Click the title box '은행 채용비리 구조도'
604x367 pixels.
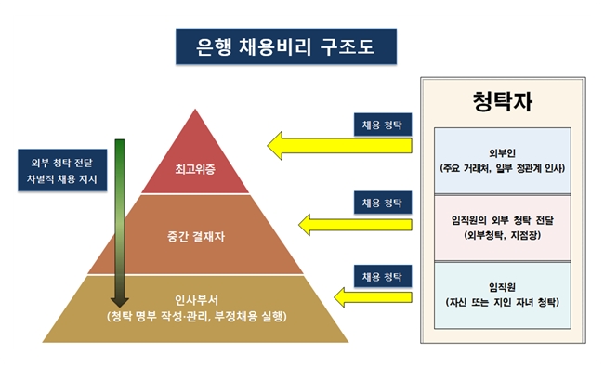(x=286, y=46)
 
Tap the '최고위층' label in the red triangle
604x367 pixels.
(x=195, y=169)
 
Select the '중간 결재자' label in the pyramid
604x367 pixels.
(x=196, y=236)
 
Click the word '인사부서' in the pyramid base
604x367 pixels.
(x=196, y=300)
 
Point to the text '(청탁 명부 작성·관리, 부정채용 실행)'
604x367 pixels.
(x=196, y=317)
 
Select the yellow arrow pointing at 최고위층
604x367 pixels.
(x=339, y=146)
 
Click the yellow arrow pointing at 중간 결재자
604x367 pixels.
(x=355, y=225)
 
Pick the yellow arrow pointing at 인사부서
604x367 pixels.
(x=373, y=297)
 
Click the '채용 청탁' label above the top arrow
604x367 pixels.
(x=383, y=125)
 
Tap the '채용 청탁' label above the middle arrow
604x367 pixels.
(x=383, y=203)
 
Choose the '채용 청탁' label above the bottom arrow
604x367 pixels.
(x=383, y=277)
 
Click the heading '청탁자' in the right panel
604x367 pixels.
(x=503, y=101)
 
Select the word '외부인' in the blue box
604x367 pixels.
(x=503, y=153)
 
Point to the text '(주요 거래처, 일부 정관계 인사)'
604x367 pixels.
(x=503, y=168)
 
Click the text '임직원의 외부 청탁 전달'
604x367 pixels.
(x=503, y=220)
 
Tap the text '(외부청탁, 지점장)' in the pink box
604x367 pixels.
(x=503, y=235)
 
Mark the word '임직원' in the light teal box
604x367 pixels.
(x=503, y=287)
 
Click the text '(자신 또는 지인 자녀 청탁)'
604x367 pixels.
(x=503, y=302)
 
